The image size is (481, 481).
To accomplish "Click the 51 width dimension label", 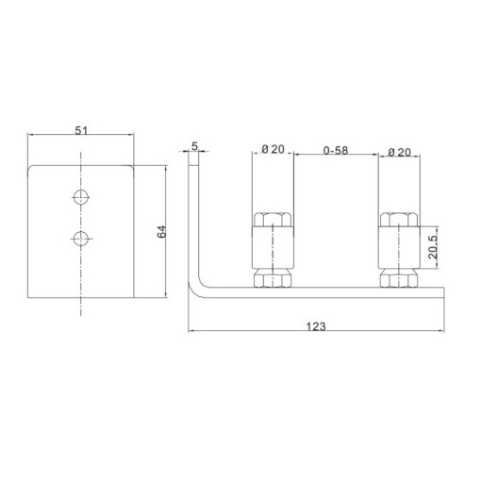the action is click(81, 130).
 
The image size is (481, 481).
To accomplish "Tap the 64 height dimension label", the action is click(161, 232).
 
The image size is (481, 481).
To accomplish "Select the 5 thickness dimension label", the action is click(195, 146).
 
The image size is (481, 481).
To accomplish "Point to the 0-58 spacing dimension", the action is click(336, 150).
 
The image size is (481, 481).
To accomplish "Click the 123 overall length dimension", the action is click(316, 326).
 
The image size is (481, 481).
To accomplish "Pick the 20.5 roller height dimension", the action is click(433, 247).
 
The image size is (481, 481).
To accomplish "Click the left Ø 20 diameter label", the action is click(273, 149).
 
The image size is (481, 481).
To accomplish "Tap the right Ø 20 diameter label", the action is click(399, 153).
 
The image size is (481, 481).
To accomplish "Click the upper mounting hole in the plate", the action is click(81, 197).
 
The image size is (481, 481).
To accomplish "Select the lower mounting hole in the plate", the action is click(81, 239).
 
